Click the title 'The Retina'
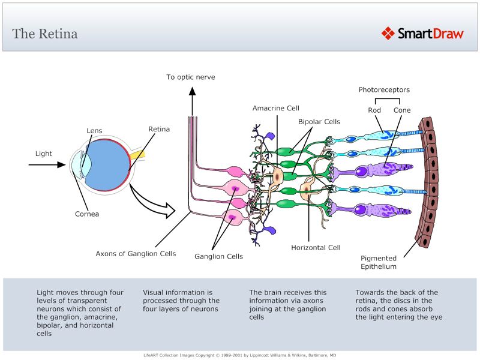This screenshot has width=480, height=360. coord(45,33)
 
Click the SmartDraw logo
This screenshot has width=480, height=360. coord(422,33)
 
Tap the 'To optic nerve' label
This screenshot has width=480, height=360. coord(191,77)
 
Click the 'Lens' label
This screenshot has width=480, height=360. coord(94,130)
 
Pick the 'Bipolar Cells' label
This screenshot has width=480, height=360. coord(319,122)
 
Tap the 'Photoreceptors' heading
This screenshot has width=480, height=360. coord(384,90)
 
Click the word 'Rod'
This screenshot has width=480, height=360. coord(374,110)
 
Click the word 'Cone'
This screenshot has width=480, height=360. coord(401,110)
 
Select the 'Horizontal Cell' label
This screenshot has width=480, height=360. coord(316,247)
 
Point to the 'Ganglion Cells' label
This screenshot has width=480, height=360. coord(218,256)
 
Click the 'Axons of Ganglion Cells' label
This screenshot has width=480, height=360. coord(136,254)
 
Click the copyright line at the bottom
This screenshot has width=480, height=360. coord(239,355)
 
